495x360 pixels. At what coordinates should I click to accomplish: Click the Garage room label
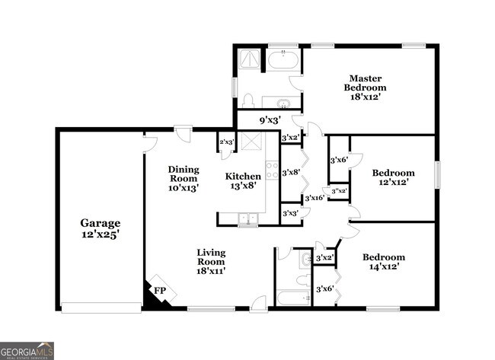tap(101, 223)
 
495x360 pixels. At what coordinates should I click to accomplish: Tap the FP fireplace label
tap(160, 290)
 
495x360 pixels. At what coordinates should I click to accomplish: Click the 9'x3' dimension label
tap(270, 119)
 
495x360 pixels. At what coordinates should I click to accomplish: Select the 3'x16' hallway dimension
tap(315, 198)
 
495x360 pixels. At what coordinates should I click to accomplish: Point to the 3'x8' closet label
tap(290, 173)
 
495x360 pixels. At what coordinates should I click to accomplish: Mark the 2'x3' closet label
tap(226, 142)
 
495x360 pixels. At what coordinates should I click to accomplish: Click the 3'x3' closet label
tap(290, 214)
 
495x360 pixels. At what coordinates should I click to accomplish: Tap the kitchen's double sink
tap(247, 219)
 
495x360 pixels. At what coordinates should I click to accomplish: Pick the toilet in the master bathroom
tap(247, 100)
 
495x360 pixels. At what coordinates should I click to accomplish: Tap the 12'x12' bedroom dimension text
tap(393, 183)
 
